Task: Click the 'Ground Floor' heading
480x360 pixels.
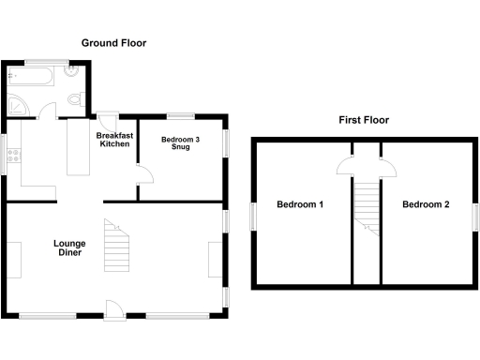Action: [113, 43]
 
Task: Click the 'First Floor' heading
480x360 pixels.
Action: [363, 120]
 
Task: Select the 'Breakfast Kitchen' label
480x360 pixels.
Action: [114, 140]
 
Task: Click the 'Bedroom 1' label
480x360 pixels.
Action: [299, 204]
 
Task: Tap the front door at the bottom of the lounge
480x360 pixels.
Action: [112, 308]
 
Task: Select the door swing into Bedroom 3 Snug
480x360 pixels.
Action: [144, 173]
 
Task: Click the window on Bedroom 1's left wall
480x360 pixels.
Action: [252, 215]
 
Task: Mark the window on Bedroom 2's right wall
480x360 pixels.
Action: [475, 215]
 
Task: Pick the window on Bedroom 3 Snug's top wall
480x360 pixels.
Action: [181, 116]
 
